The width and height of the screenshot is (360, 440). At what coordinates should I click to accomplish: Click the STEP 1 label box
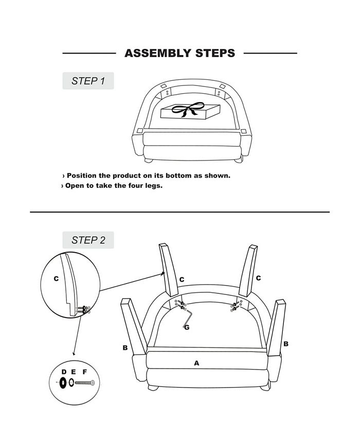tap(88, 81)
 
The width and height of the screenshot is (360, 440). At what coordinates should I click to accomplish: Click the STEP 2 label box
tap(88, 240)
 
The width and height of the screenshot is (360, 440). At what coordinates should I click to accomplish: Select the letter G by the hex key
tap(187, 327)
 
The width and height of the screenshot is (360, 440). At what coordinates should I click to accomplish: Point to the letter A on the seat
tap(196, 363)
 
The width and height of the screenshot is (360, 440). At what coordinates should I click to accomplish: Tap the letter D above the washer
tap(64, 372)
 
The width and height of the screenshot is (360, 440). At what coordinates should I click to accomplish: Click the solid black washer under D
tap(63, 382)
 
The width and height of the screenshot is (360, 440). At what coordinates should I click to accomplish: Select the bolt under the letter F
tap(85, 382)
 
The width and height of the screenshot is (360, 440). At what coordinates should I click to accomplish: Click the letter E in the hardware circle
tap(73, 372)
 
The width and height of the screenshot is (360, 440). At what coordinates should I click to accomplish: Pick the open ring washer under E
tap(71, 382)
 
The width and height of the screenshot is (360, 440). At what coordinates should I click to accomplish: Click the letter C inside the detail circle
tap(56, 278)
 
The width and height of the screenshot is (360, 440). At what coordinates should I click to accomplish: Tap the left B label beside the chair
tap(125, 348)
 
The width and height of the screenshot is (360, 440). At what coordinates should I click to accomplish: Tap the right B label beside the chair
tap(286, 344)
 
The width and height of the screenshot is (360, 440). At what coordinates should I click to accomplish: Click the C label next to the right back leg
tap(258, 278)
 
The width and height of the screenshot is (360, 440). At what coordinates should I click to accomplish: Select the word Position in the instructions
tap(81, 175)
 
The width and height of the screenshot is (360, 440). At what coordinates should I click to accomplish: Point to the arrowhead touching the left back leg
tap(163, 273)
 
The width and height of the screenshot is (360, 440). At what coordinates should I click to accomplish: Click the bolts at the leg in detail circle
tap(83, 310)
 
